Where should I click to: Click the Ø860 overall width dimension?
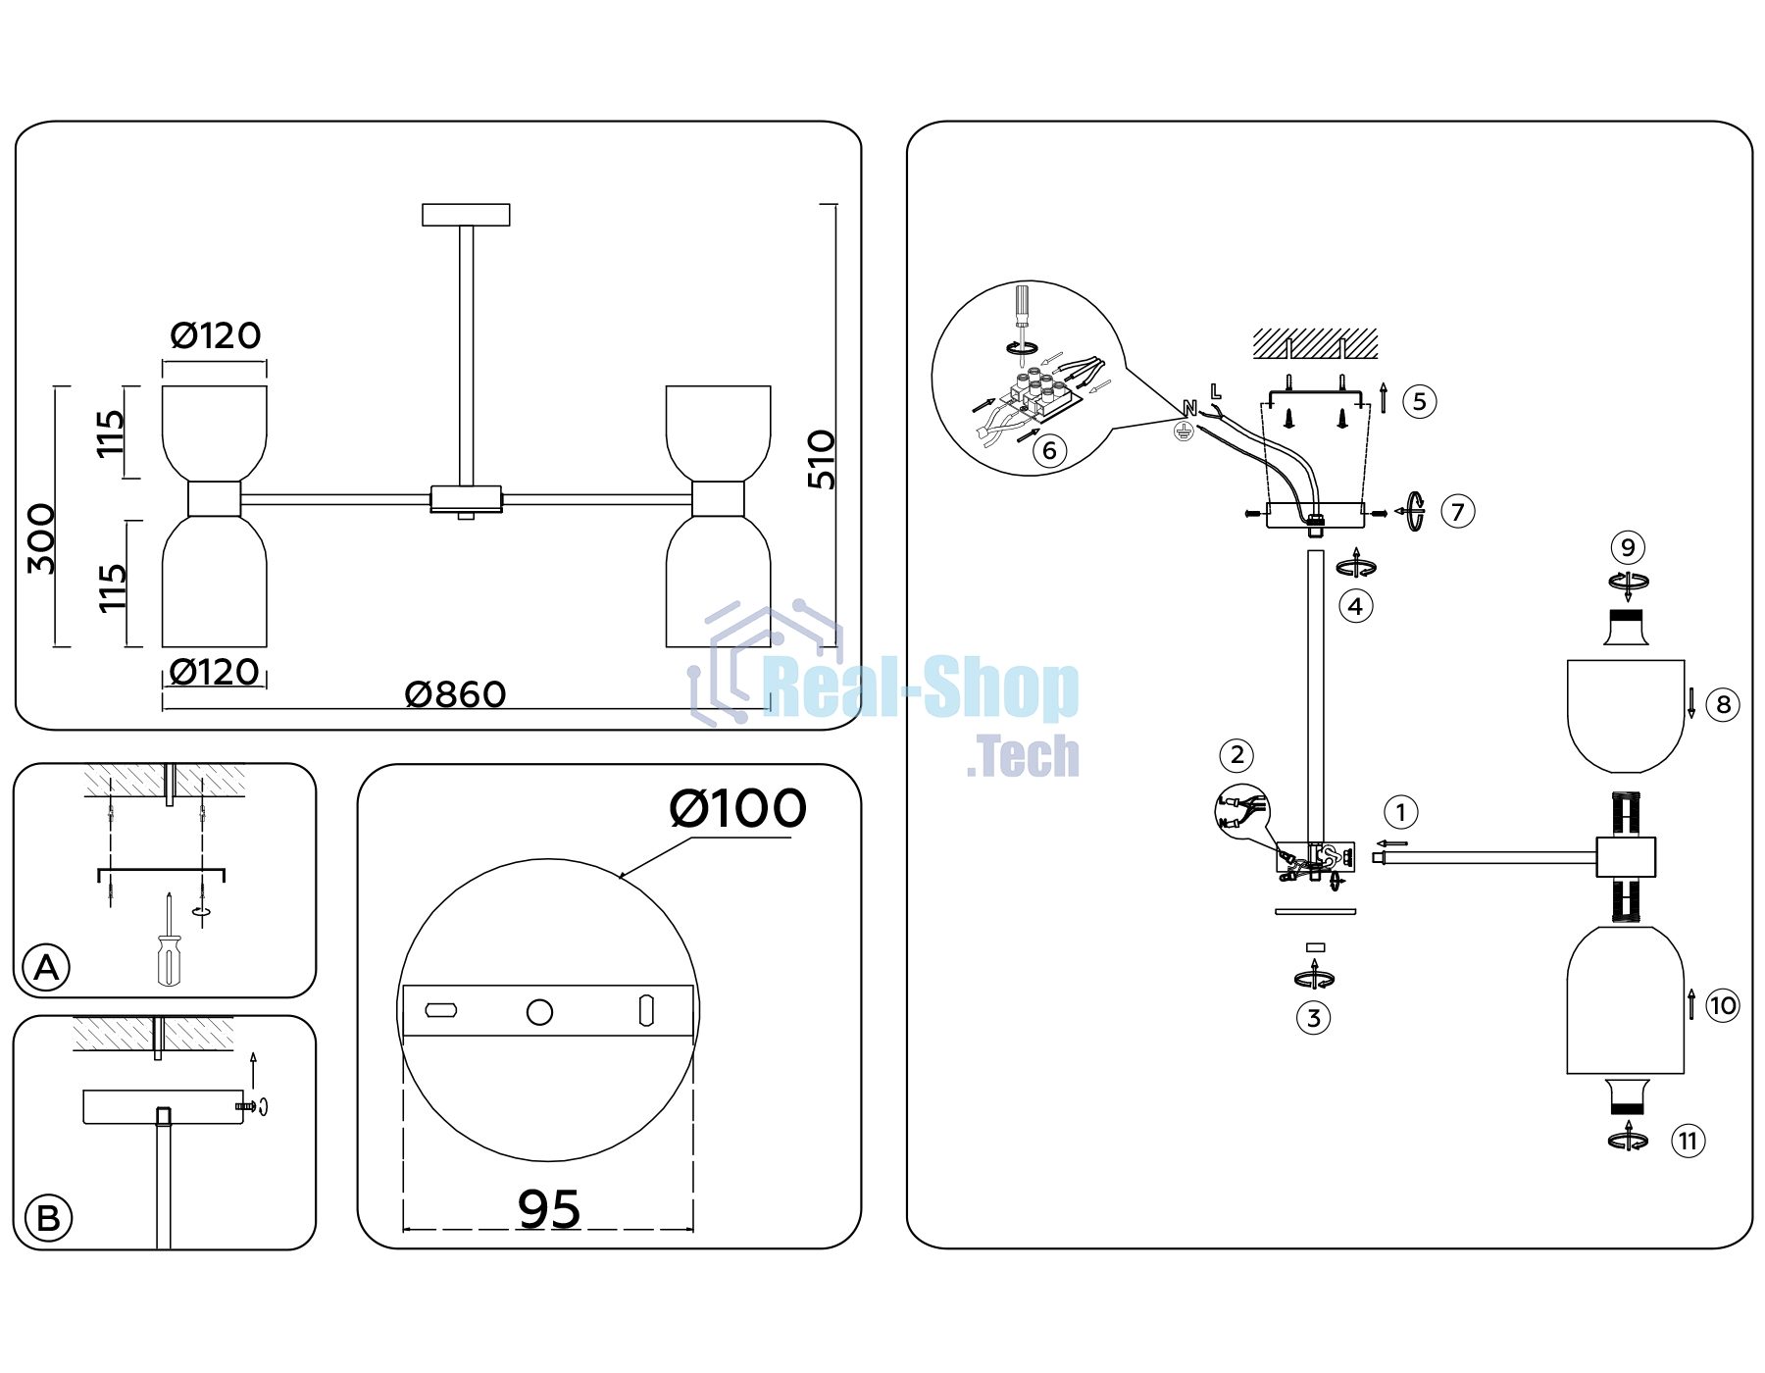(456, 694)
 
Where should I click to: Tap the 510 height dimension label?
(822, 459)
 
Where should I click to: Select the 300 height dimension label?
(41, 538)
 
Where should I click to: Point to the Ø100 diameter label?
(737, 808)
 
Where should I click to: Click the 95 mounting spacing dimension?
(549, 1208)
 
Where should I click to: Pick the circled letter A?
(46, 968)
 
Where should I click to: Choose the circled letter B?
(48, 1219)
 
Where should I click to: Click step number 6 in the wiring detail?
(1049, 450)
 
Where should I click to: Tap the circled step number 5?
(1420, 401)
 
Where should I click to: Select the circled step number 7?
(1458, 511)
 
